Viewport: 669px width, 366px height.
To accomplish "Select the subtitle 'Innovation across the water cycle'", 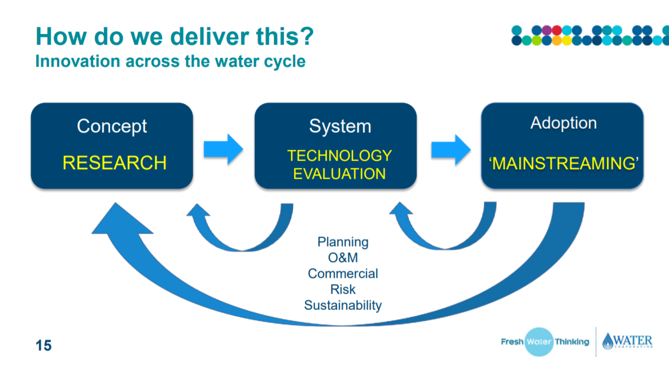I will (170, 61).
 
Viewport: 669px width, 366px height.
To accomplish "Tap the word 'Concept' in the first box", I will (112, 126).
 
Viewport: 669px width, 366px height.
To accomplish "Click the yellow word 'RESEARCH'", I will (114, 163).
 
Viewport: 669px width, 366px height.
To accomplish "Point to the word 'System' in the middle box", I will (340, 126).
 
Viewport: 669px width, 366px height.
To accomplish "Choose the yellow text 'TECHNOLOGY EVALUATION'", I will (339, 164).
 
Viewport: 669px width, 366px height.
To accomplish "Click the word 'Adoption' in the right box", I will (563, 123).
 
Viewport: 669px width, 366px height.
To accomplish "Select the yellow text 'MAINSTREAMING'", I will (563, 163).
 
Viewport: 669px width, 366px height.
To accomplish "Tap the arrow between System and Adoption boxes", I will (449, 149).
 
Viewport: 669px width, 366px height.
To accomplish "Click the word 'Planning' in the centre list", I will (343, 242).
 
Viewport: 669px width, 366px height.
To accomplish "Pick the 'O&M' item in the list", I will (343, 258).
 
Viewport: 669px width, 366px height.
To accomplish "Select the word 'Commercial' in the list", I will (343, 274).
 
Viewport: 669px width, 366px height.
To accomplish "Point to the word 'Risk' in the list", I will (343, 290).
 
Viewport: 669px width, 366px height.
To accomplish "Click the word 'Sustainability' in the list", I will (343, 305).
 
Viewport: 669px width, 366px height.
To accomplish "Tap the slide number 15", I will (43, 345).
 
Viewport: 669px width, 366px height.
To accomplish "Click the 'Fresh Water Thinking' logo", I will (544, 342).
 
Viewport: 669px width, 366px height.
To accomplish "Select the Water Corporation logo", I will (627, 342).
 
